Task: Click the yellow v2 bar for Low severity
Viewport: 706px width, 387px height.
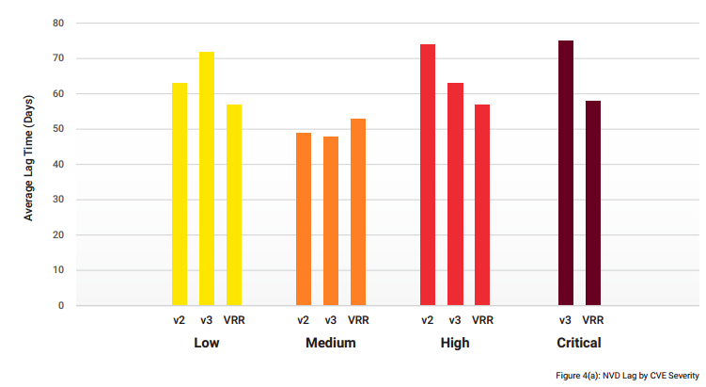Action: coord(180,194)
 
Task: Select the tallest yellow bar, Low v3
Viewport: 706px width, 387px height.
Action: coord(207,178)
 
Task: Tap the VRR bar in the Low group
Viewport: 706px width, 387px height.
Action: coord(234,204)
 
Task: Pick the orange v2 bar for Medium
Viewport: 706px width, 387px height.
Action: coord(304,218)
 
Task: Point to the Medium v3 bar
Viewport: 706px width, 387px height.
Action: coord(331,220)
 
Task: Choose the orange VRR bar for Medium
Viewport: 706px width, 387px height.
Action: coord(358,212)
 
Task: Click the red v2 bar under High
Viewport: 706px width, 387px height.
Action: coord(428,174)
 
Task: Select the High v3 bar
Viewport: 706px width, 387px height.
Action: coord(455,194)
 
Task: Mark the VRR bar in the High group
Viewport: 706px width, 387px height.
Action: coord(482,204)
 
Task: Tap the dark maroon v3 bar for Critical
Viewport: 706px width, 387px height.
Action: coord(566,172)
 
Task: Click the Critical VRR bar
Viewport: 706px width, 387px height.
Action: coord(593,202)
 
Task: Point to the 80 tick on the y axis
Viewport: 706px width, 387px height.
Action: coord(58,23)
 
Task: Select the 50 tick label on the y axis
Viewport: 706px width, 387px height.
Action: coord(58,129)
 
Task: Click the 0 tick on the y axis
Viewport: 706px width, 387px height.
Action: coord(61,305)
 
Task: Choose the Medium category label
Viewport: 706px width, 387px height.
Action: coord(331,343)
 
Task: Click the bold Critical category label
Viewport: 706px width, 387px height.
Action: coord(579,343)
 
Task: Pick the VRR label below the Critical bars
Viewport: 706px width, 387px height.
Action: coord(593,320)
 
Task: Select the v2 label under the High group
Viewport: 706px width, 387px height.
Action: coord(428,320)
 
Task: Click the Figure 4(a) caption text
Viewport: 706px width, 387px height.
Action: coord(627,376)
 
